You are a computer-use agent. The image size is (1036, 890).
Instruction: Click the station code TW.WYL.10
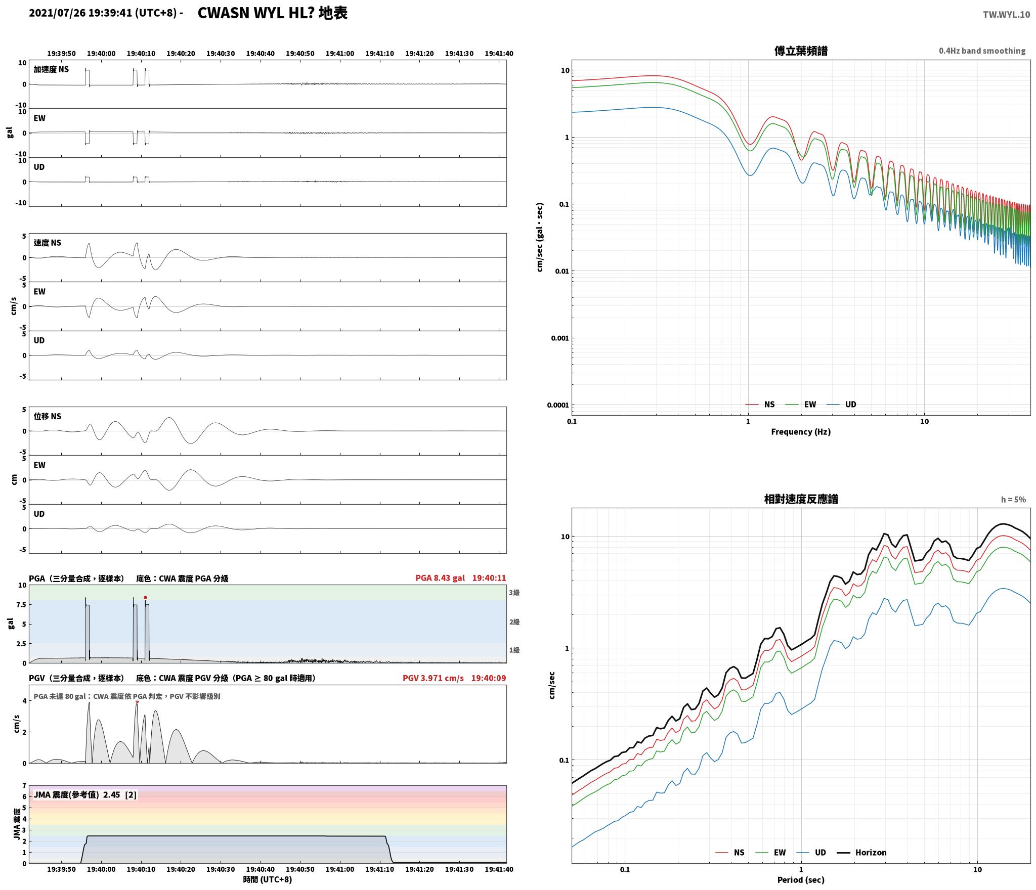point(1006,15)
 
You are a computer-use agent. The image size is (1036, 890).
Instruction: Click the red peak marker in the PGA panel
point(145,598)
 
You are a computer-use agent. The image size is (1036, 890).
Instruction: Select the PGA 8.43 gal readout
point(440,578)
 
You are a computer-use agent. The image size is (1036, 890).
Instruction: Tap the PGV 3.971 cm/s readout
point(433,678)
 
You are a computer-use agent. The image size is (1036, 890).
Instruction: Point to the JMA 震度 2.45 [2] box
point(85,795)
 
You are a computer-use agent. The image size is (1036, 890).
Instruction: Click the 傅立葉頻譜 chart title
point(801,51)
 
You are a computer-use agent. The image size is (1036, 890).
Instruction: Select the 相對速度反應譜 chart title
point(801,499)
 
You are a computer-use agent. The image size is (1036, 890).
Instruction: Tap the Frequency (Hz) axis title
point(801,432)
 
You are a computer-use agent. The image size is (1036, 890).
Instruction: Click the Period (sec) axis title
point(801,880)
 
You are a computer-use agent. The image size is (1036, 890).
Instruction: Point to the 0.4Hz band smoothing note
point(982,51)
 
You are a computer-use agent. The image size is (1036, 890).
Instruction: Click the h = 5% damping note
point(1013,500)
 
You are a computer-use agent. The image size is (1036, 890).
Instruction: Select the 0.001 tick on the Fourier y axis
point(559,338)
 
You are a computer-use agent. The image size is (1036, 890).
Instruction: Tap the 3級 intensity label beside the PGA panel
point(514,593)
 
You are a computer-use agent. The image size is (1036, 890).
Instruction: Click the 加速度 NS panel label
point(51,69)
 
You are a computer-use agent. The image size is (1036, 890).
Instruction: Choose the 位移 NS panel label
point(48,416)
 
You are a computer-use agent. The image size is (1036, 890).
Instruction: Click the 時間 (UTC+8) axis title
point(268,879)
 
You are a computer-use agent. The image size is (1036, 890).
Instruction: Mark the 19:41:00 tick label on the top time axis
point(339,54)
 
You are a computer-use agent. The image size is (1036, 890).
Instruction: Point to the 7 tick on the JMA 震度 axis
point(24,785)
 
